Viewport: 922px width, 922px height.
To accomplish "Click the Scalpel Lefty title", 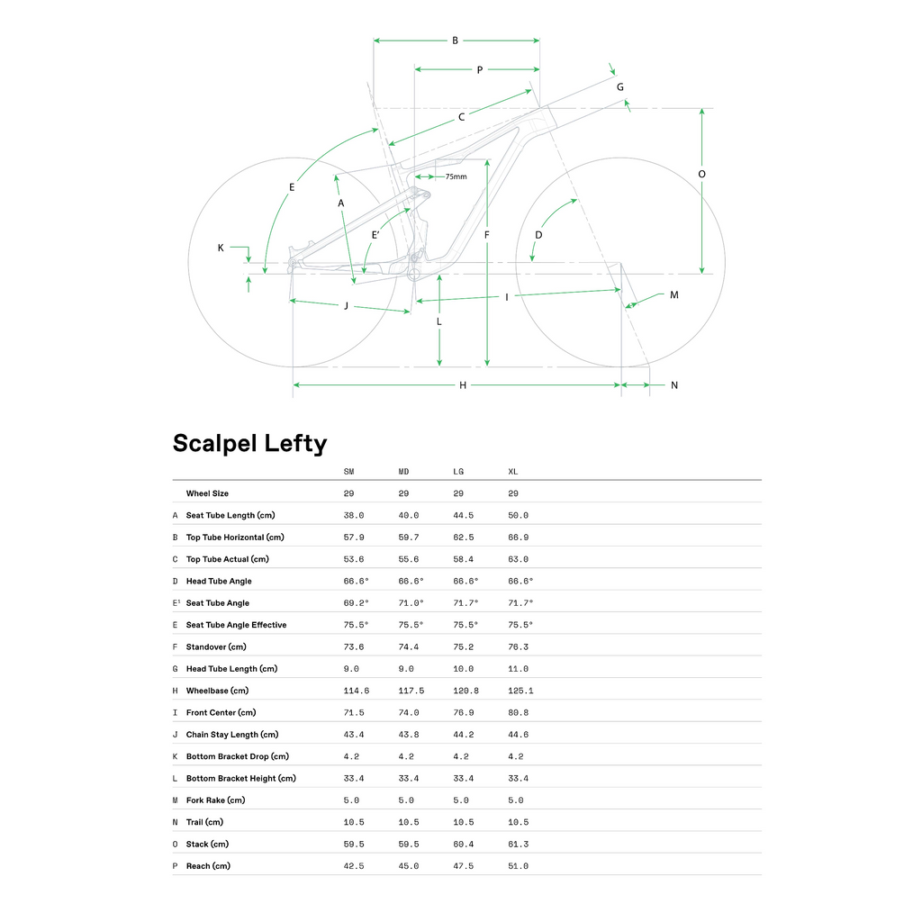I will (249, 444).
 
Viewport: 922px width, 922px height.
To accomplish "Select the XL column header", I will (513, 472).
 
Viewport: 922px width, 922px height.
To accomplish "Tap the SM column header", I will (349, 472).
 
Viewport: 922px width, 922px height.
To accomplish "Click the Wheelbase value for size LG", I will (465, 691).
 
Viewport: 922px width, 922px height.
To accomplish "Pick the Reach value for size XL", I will (519, 866).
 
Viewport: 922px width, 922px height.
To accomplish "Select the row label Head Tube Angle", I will (219, 582).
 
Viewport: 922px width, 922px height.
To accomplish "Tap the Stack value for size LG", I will (463, 844).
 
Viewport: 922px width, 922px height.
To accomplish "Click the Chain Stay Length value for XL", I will (519, 735).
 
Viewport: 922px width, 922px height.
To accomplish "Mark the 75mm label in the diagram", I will (456, 176).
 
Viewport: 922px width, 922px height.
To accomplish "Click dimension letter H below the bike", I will (463, 385).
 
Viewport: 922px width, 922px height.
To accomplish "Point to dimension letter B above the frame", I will (456, 41).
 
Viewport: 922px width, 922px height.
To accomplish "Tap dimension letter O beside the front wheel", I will (702, 174).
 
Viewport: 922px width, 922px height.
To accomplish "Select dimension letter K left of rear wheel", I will (221, 247).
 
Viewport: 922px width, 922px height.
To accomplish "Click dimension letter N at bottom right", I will (674, 385).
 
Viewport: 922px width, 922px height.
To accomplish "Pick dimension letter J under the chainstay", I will (346, 306).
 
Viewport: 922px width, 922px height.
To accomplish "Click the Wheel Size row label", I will (207, 493).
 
